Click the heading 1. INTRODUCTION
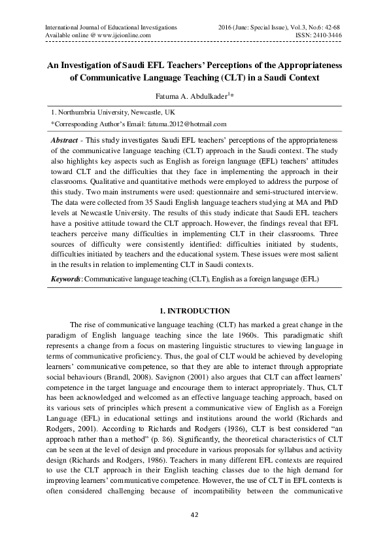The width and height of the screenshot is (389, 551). [194, 310]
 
